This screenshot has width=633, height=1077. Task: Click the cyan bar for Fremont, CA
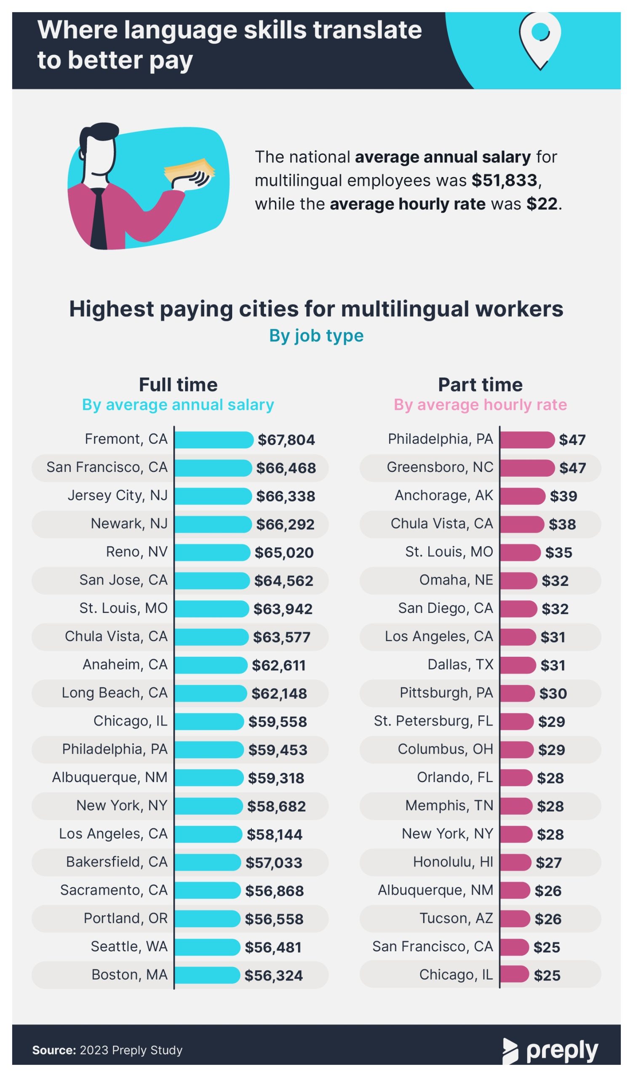pos(214,440)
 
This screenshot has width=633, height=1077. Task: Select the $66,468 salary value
pos(286,468)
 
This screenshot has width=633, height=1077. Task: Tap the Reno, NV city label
pos(137,552)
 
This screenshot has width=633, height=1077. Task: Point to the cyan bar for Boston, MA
pos(207,975)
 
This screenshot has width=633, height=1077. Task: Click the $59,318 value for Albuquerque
pos(276,778)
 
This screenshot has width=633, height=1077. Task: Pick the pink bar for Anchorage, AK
pos(523,496)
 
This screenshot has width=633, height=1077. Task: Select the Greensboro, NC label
pos(440,467)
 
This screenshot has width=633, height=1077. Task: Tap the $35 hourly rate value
pos(558,553)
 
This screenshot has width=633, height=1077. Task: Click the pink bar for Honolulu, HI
pos(515,862)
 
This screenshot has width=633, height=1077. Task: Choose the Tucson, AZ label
pos(457,918)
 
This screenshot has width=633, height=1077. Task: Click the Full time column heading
pos(178,385)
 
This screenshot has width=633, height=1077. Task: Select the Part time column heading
pos(480,385)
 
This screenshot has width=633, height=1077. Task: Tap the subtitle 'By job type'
pos(317,336)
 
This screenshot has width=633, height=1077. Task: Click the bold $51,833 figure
pos(504,180)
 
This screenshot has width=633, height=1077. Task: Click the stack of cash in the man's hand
pos(190,170)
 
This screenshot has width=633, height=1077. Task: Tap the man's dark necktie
pos(99,218)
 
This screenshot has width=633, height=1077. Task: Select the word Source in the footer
pos(54,1050)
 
